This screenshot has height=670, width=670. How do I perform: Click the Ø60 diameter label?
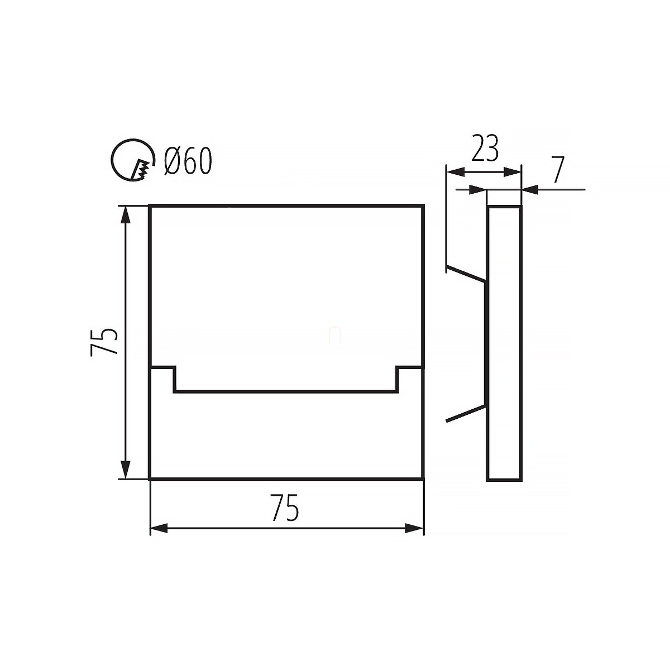pyautogui.click(x=188, y=161)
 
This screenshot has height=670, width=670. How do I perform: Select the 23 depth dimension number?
pyautogui.click(x=485, y=149)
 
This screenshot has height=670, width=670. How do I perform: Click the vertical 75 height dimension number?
pyautogui.click(x=104, y=342)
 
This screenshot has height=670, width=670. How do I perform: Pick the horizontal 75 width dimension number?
pyautogui.click(x=285, y=508)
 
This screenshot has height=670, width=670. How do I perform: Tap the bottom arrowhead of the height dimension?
pyautogui.click(x=126, y=470)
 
